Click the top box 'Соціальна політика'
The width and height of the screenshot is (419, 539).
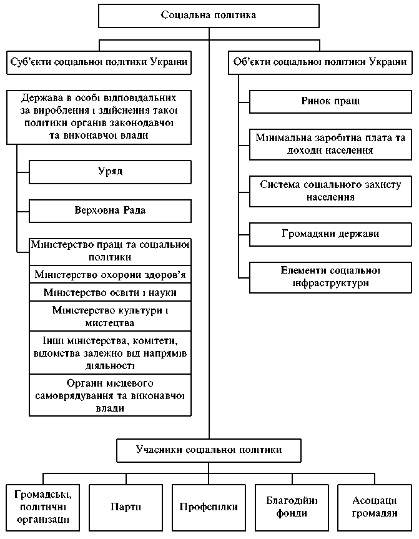(x=209, y=15)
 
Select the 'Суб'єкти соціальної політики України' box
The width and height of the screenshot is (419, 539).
(x=100, y=62)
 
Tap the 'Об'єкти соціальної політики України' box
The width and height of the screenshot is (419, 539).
(x=320, y=62)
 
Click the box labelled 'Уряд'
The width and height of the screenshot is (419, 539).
(x=109, y=171)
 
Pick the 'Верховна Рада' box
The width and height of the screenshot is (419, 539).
(x=109, y=210)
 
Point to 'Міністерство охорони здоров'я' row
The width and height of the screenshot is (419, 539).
(x=109, y=275)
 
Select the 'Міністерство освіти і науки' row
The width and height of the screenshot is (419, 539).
(x=109, y=292)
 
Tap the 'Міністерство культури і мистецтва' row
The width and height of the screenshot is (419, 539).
(x=109, y=317)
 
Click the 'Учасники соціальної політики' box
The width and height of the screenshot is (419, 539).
(x=209, y=450)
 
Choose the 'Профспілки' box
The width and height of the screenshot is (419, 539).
(x=209, y=507)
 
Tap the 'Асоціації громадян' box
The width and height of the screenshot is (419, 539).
(x=375, y=507)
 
